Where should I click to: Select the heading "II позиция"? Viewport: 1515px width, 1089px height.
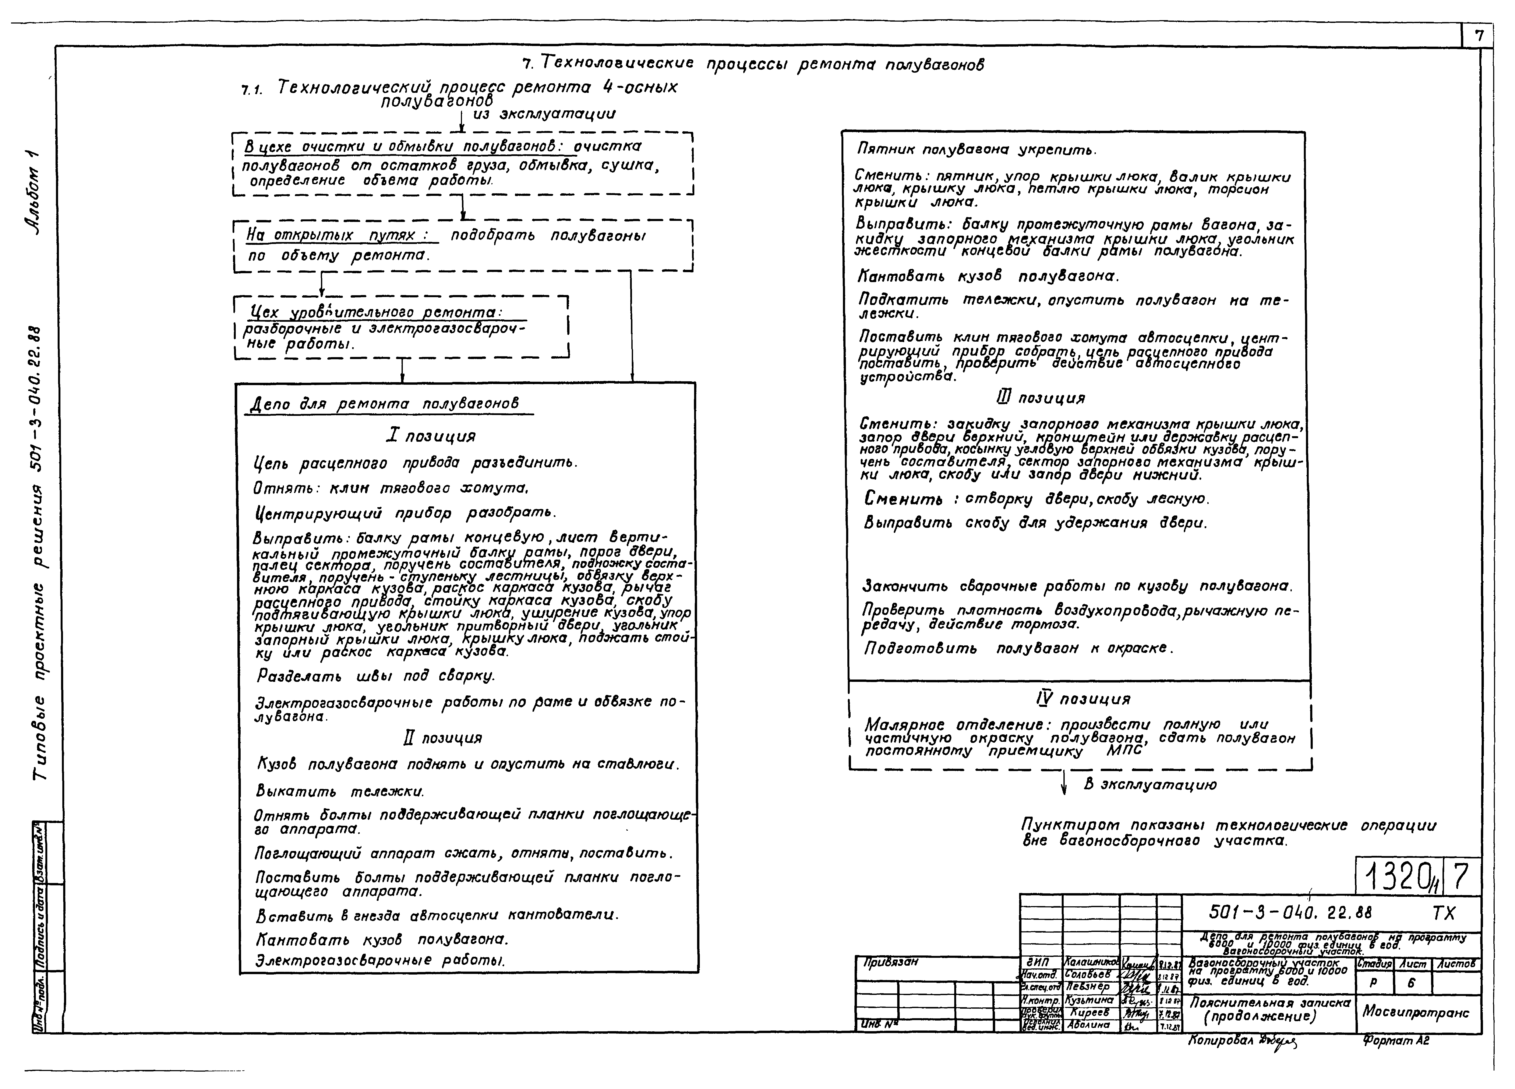point(443,738)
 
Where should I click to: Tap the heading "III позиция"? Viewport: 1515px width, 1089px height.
point(1041,398)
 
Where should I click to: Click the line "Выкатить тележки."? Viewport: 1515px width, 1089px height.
point(340,791)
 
